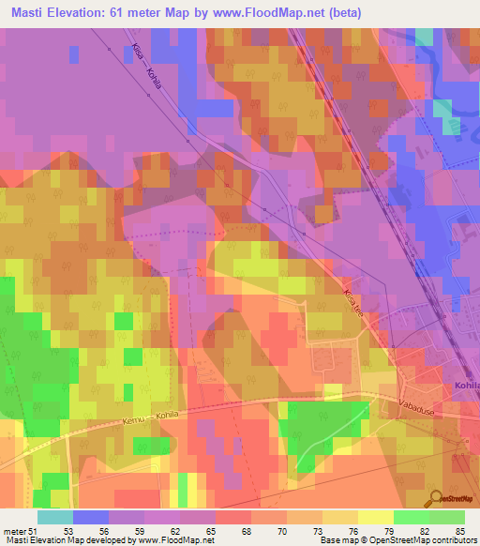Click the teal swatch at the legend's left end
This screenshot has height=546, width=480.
(x=55, y=517)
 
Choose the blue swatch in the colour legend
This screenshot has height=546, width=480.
(x=91, y=517)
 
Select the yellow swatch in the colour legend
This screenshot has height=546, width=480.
(x=375, y=517)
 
